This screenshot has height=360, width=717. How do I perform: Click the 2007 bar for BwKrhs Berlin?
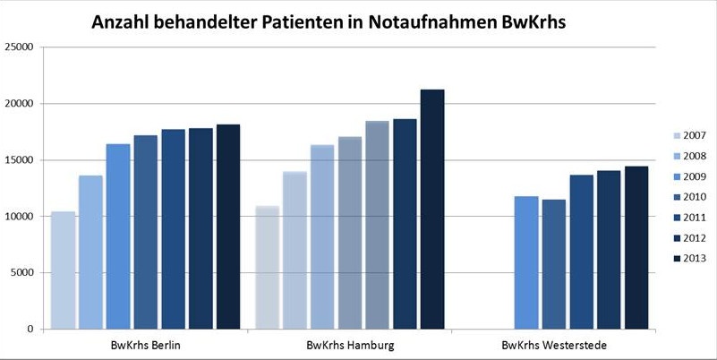63,270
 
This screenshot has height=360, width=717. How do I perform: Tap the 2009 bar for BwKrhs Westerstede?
525,261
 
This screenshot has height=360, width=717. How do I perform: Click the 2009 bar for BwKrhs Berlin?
118,236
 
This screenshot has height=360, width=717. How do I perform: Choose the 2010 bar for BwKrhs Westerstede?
553,263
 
